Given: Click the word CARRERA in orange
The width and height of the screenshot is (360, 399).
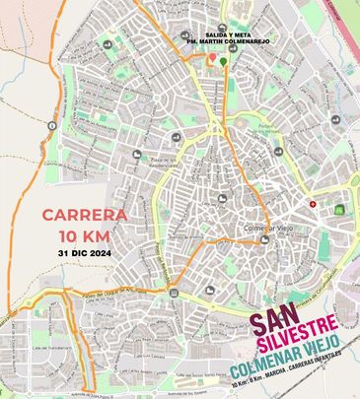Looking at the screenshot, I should click(84, 214).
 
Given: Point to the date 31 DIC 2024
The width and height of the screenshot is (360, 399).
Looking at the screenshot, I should click(85, 252).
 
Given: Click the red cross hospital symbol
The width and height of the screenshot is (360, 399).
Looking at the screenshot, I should click(313, 204).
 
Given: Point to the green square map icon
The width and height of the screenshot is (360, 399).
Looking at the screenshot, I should click(340, 209).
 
